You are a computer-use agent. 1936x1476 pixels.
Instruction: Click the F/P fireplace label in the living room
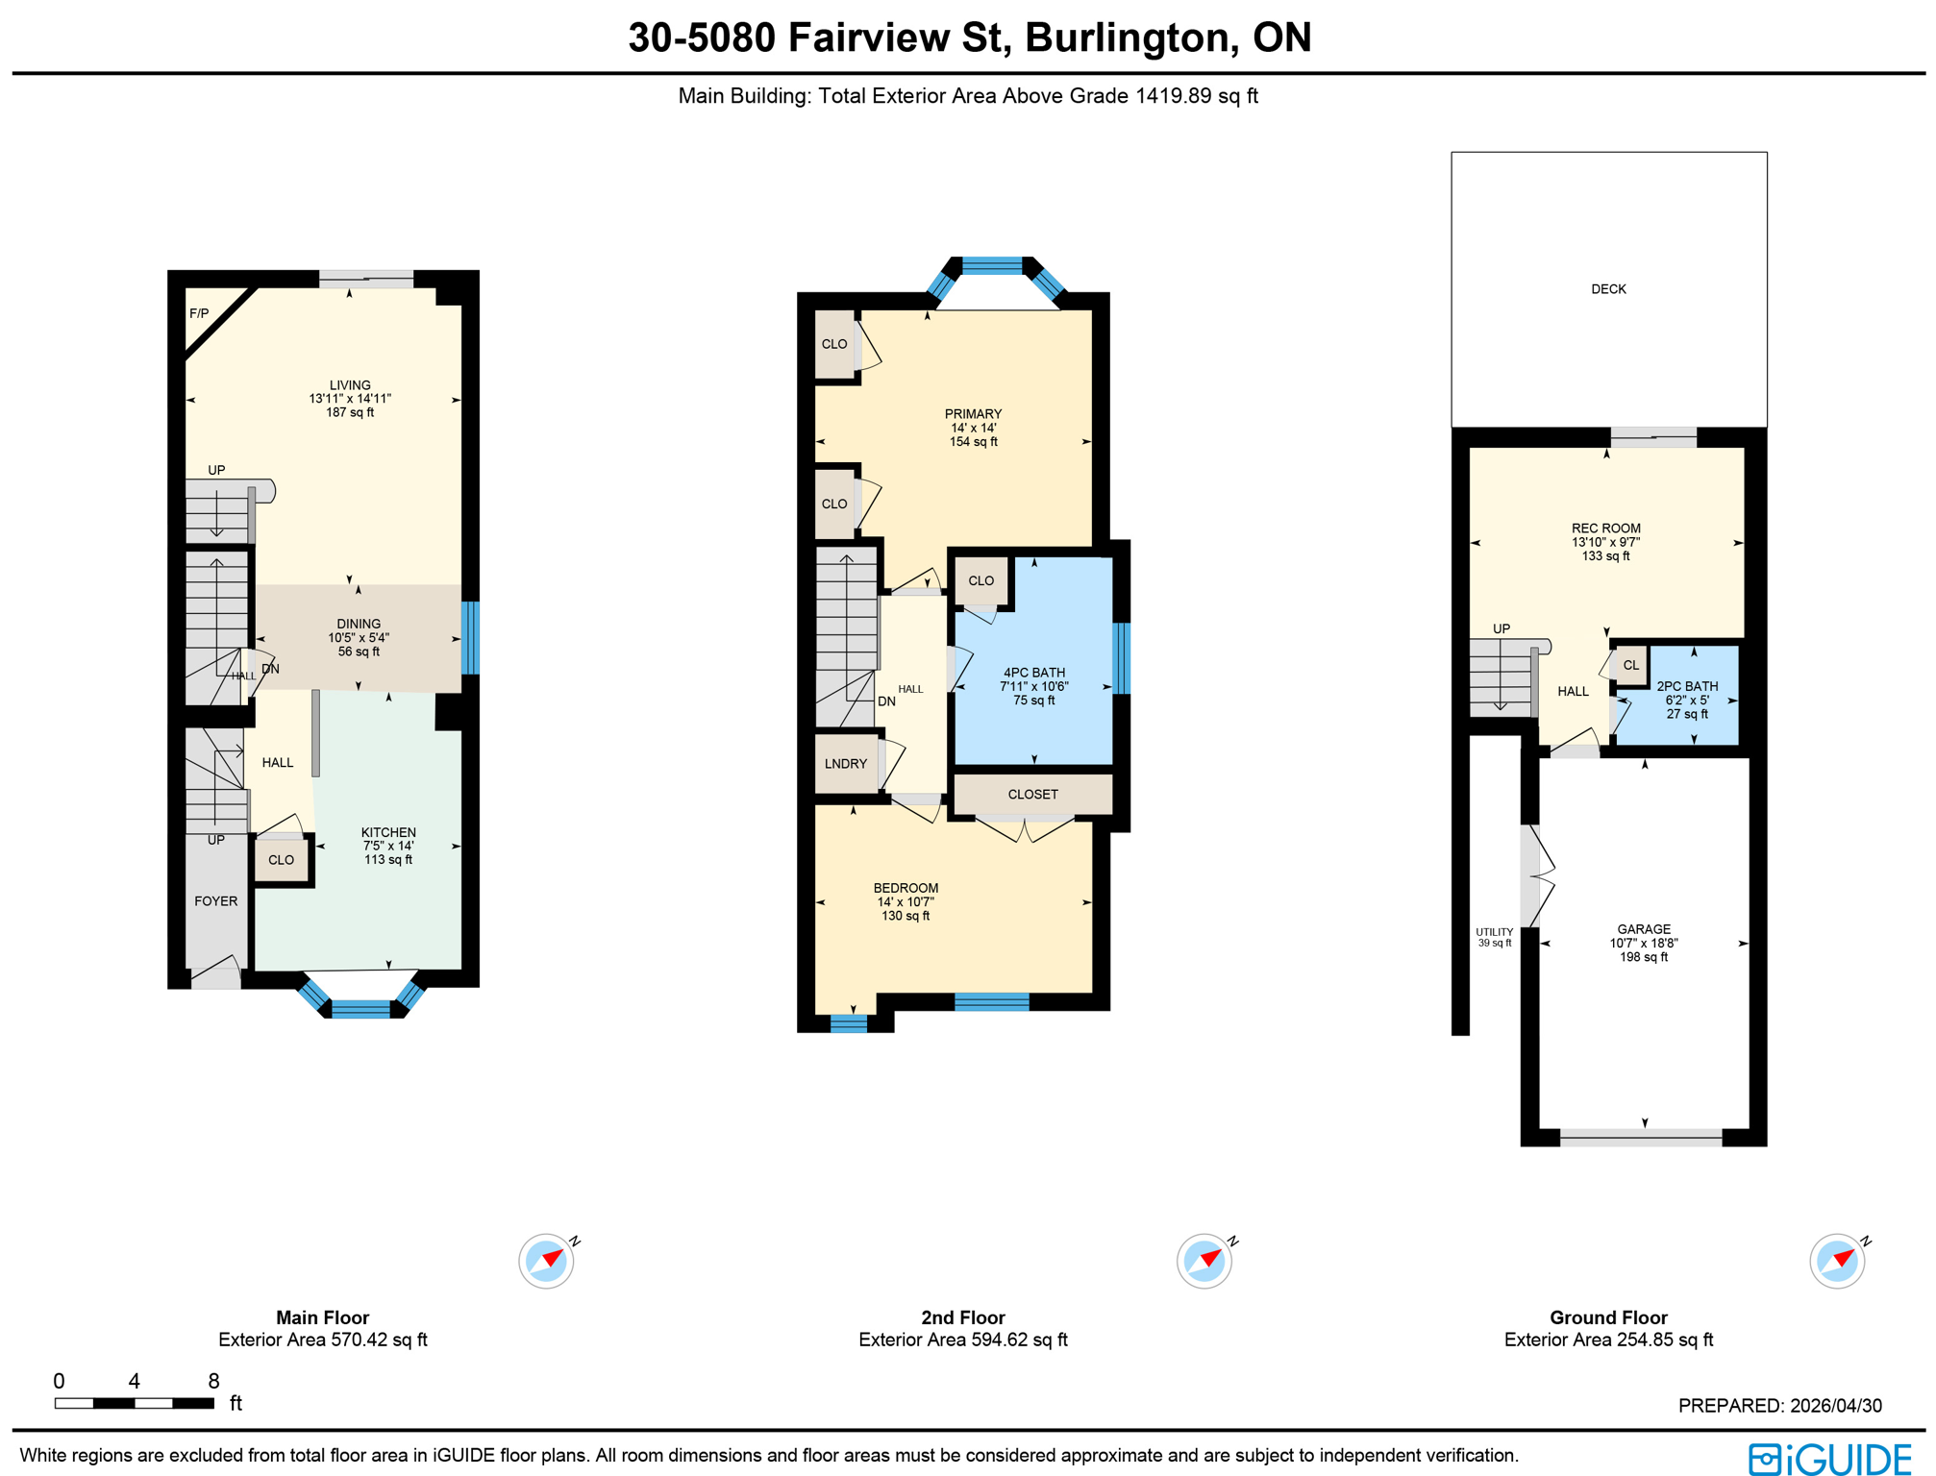(x=199, y=313)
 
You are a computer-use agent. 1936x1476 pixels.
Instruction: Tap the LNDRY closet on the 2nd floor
(x=845, y=764)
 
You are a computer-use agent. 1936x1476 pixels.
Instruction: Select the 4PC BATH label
(x=1033, y=673)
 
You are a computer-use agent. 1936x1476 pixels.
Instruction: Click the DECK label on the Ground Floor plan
(x=1608, y=289)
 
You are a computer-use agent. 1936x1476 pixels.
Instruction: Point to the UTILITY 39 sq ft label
(x=1494, y=937)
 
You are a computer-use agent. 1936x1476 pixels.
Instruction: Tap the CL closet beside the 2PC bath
(x=1630, y=665)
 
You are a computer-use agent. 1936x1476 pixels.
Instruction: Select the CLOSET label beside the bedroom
(x=1032, y=795)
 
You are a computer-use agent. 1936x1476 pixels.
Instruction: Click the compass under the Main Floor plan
(x=546, y=1261)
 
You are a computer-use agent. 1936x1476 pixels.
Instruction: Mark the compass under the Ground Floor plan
(x=1837, y=1261)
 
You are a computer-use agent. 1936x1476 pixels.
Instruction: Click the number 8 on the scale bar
(x=213, y=1381)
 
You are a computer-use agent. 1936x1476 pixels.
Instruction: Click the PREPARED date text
(x=1779, y=1406)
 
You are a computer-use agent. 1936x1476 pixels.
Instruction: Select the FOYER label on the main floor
(x=215, y=901)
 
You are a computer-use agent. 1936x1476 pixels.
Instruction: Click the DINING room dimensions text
(x=359, y=638)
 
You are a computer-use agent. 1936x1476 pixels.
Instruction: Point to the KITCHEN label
(x=388, y=832)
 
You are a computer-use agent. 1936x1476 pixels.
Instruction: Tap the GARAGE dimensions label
(x=1644, y=944)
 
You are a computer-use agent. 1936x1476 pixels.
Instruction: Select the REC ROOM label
(x=1605, y=529)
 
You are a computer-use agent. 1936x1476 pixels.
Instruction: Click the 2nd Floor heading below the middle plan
(x=962, y=1317)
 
